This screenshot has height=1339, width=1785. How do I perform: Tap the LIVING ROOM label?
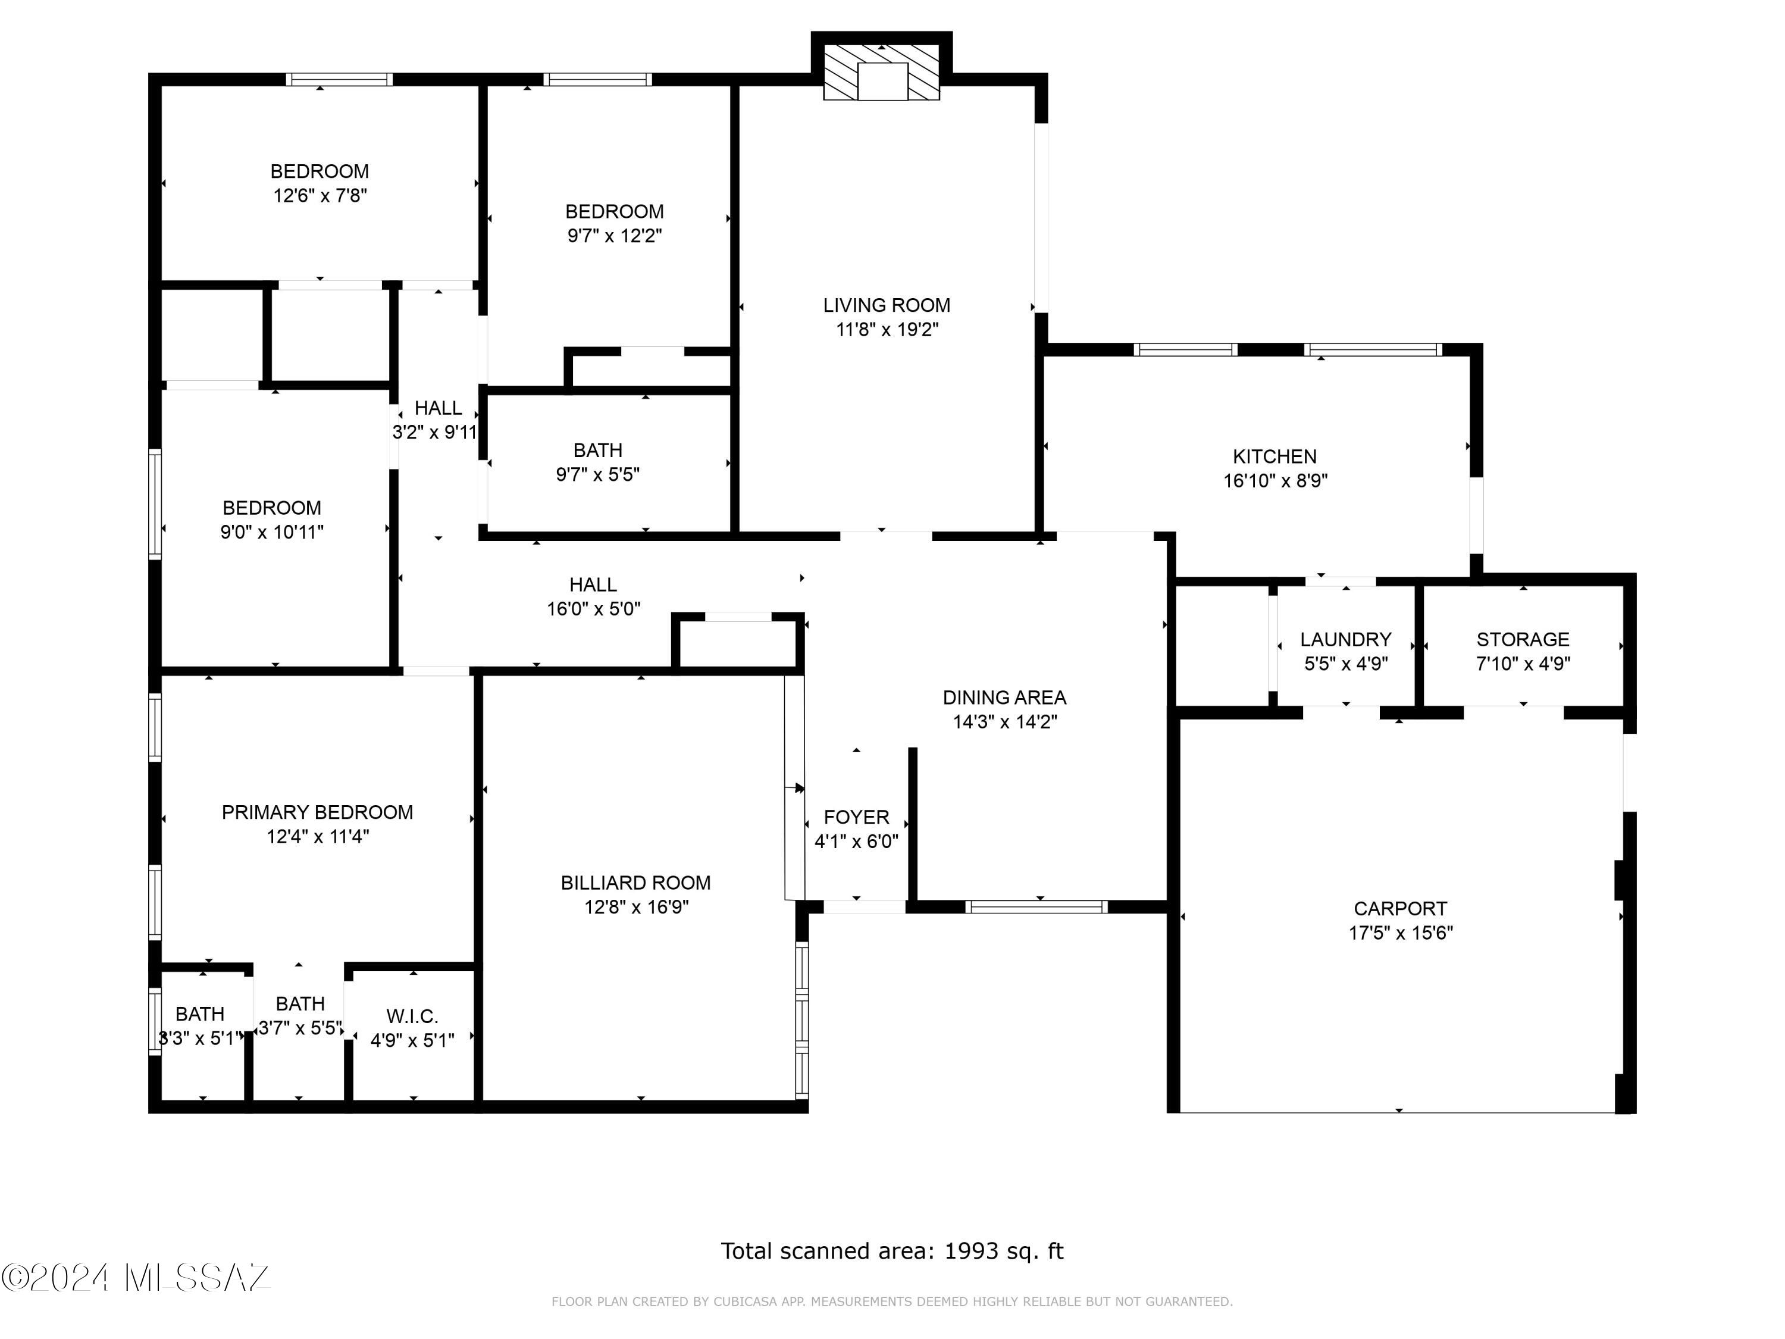887,305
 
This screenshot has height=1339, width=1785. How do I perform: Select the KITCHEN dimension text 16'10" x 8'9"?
1275,481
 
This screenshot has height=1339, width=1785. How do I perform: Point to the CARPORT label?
1400,909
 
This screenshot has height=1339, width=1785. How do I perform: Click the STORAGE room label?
1523,640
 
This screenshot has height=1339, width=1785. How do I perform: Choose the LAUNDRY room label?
1345,640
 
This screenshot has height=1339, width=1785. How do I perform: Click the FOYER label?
856,817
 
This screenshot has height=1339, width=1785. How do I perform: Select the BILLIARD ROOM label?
636,883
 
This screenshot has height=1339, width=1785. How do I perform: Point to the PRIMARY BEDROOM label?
317,812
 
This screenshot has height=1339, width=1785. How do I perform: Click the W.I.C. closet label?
412,1016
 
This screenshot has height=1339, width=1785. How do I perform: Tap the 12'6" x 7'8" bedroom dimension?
320,195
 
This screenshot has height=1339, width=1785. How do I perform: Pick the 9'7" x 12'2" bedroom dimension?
615,236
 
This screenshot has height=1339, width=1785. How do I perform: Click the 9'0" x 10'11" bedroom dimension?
272,532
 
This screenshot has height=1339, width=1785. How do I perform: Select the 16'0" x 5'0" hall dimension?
594,609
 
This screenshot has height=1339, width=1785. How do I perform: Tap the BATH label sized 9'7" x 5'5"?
598,450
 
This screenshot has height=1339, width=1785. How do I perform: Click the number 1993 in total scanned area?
971,1251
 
